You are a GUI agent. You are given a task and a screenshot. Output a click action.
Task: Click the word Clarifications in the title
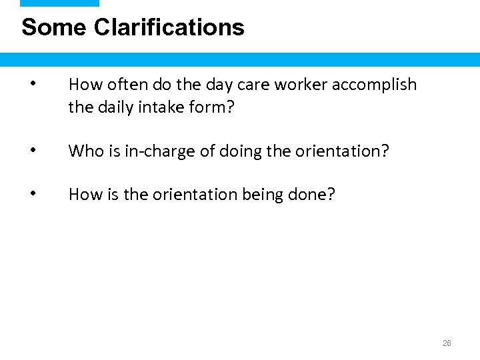pos(169,27)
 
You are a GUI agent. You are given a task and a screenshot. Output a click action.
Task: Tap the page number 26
pos(447,343)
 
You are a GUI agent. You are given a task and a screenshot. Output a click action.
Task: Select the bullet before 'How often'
pos(33,84)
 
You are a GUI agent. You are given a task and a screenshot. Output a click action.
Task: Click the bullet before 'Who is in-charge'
pos(33,151)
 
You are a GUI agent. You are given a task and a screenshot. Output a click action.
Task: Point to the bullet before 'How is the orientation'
pos(33,194)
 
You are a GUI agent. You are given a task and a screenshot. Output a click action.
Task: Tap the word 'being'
pos(261,195)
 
